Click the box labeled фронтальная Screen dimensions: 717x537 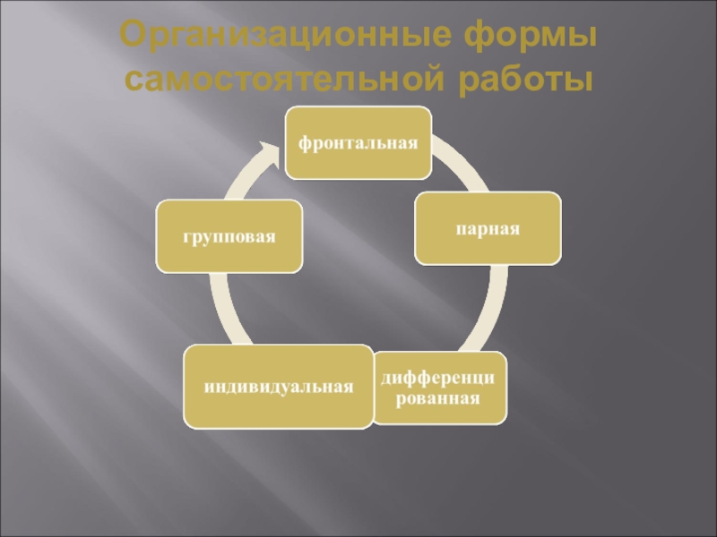coord(358,142)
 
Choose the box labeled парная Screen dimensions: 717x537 coord(488,227)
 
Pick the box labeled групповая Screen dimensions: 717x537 coord(229,237)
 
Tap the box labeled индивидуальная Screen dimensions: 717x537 coord(278,387)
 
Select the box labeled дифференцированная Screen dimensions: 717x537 coord(439,388)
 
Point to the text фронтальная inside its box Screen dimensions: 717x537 coord(358,143)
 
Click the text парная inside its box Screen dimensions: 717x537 coord(488,228)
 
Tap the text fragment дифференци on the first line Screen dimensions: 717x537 coord(439,379)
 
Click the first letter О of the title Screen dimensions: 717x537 coord(133,39)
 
